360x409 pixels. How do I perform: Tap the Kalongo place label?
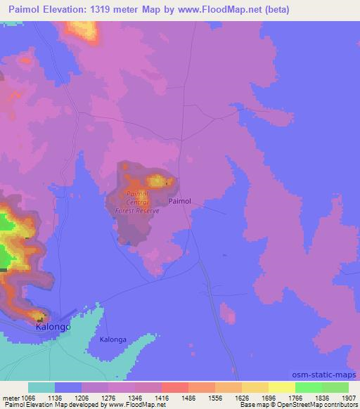(x=52, y=327)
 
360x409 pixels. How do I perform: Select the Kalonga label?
(x=112, y=339)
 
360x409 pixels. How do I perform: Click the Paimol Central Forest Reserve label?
(x=138, y=202)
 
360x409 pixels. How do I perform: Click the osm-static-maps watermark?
(x=331, y=372)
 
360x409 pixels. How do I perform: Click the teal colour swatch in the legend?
(x=41, y=387)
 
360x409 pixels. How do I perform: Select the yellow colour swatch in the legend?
(x=281, y=387)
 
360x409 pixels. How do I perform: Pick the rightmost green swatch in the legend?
(x=335, y=387)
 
